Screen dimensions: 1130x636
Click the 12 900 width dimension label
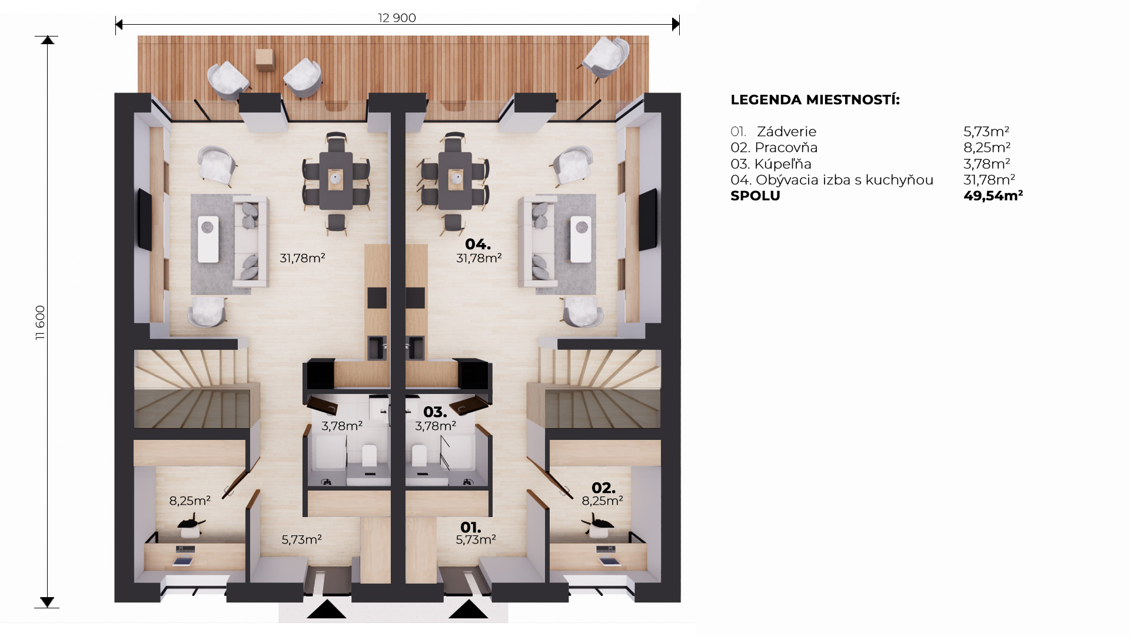click(397, 18)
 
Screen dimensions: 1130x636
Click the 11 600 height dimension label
click(40, 323)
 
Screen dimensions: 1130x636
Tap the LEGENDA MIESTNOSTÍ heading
click(815, 100)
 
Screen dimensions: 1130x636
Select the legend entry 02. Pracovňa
click(774, 147)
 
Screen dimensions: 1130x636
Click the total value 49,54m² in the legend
click(993, 196)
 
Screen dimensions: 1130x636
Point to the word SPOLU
click(755, 196)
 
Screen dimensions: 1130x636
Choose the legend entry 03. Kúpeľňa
click(771, 164)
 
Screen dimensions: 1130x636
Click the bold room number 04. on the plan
click(477, 244)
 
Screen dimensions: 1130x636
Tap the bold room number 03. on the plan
click(435, 412)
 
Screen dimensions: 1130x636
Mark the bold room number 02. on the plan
click(603, 488)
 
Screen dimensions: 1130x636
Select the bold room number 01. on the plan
click(470, 527)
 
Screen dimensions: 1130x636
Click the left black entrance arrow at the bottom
click(326, 609)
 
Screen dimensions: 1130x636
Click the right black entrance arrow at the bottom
click(468, 609)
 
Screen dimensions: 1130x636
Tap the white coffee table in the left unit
click(208, 239)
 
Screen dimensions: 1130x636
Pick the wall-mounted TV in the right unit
click(648, 219)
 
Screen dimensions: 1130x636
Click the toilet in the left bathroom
click(369, 455)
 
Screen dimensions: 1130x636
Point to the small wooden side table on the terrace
click(265, 59)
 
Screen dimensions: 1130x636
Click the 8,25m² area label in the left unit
click(190, 501)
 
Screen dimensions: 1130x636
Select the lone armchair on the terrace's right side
click(606, 58)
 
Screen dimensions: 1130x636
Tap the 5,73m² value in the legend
click(986, 131)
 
